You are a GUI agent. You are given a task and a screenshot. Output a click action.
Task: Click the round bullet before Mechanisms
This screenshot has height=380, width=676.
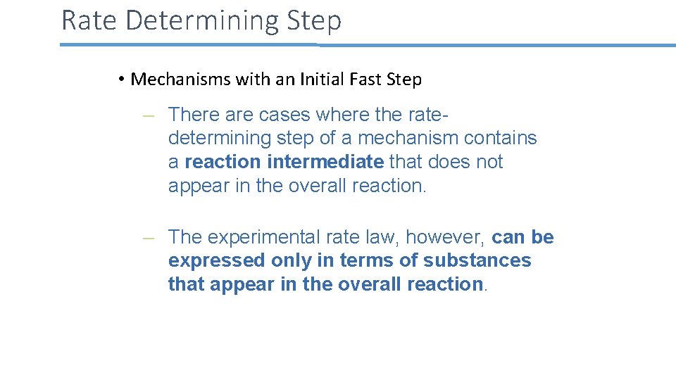[122, 80]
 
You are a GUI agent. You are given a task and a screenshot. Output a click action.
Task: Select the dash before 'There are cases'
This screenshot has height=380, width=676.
[148, 115]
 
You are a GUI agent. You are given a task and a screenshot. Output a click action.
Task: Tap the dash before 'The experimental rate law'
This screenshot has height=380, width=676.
[148, 238]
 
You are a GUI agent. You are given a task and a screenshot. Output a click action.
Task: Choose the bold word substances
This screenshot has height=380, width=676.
[477, 260]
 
